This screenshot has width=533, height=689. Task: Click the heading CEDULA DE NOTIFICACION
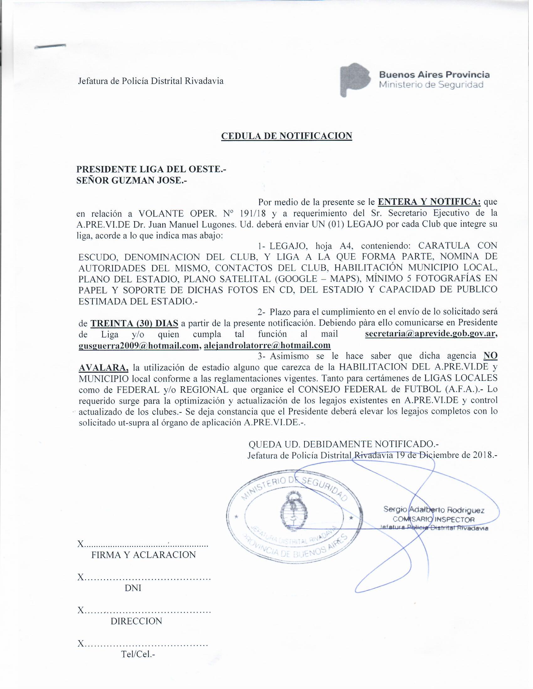coord(286,136)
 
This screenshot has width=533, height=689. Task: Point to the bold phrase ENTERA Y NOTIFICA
coord(429,202)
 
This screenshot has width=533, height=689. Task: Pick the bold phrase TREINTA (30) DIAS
coord(135,324)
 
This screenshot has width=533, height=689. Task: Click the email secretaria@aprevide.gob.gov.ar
coord(431,334)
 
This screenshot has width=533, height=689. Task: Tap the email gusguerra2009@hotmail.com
coord(138,345)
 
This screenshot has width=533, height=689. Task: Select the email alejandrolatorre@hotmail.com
coord(267,345)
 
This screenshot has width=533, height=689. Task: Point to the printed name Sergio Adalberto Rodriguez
coord(434,510)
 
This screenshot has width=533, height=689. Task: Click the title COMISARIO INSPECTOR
coord(433,520)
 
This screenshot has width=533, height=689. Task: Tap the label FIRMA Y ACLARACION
coord(144,555)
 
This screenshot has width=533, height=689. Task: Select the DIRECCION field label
coord(136,621)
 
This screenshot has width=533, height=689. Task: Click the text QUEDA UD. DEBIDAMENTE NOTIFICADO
coord(344,444)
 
